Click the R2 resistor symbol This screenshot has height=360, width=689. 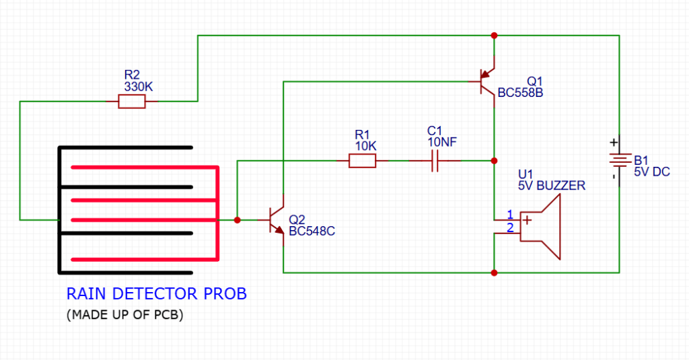click(x=131, y=102)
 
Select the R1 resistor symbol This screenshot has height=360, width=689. click(x=362, y=161)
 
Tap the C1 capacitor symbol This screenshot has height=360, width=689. click(x=434, y=161)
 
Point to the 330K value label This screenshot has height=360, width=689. click(x=138, y=87)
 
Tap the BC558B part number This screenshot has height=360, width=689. click(x=520, y=93)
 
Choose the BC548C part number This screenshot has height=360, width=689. click(x=312, y=231)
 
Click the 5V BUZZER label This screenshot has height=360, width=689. click(x=551, y=185)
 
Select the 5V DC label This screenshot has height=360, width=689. click(x=651, y=172)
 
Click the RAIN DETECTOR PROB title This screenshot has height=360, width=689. click(x=156, y=294)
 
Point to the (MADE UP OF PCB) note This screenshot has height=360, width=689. click(x=125, y=315)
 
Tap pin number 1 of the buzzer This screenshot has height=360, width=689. click(x=509, y=214)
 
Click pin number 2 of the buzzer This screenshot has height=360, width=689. click(x=509, y=228)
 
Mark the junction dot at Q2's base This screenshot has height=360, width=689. click(x=237, y=220)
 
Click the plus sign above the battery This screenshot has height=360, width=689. click(x=613, y=143)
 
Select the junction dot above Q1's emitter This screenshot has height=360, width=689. click(x=495, y=35)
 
